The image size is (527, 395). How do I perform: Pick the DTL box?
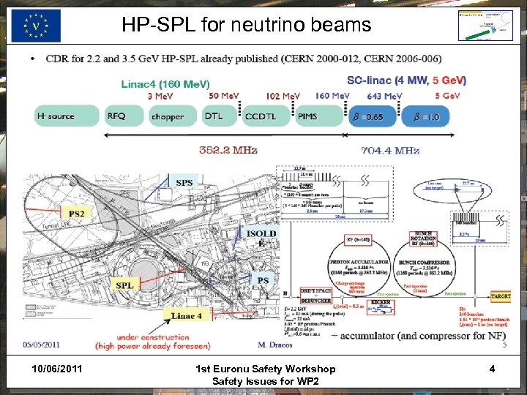214,116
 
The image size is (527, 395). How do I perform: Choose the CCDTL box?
260,116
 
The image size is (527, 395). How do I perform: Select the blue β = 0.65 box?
373,116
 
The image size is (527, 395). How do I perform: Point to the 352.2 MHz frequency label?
228,150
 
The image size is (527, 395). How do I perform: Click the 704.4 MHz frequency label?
391,150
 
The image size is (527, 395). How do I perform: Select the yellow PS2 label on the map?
75,214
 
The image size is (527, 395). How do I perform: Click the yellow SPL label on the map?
127,285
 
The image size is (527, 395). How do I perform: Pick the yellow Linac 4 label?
187,316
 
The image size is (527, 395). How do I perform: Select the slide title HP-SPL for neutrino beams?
247,26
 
